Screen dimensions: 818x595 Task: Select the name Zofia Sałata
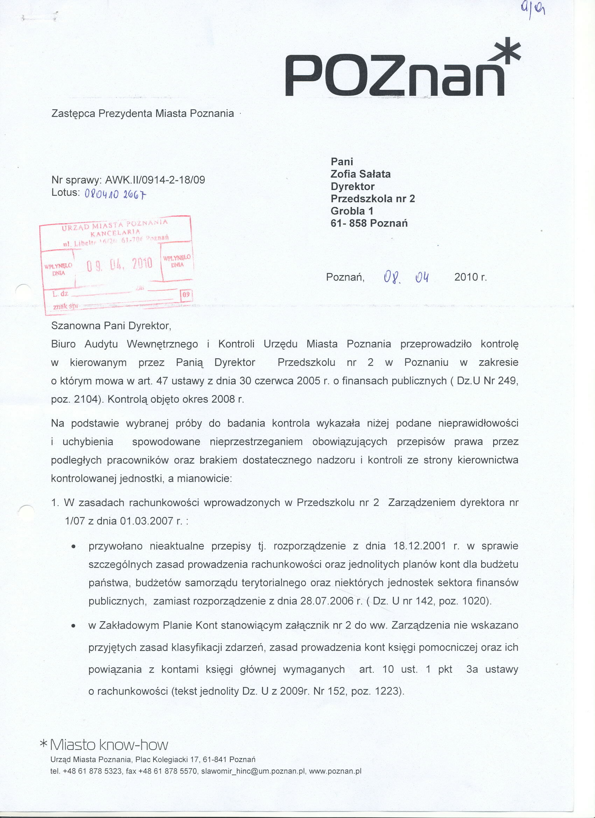pyautogui.click(x=360, y=174)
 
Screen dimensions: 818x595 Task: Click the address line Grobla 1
pyautogui.click(x=352, y=211)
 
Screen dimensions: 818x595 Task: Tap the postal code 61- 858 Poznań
pyautogui.click(x=369, y=223)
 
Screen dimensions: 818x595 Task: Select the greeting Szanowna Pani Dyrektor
pyautogui.click(x=111, y=326)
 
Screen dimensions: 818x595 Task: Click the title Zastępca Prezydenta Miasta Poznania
pyautogui.click(x=142, y=114)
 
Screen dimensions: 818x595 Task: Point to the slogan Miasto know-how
pyautogui.click(x=108, y=745)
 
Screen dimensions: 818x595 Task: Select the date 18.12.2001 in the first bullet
pyautogui.click(x=420, y=546)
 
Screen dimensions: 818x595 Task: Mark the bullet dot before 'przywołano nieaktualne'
pyautogui.click(x=73, y=547)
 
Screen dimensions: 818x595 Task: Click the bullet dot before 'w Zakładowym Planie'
pyautogui.click(x=73, y=626)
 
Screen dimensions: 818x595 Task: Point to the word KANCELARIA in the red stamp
pyautogui.click(x=115, y=231)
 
